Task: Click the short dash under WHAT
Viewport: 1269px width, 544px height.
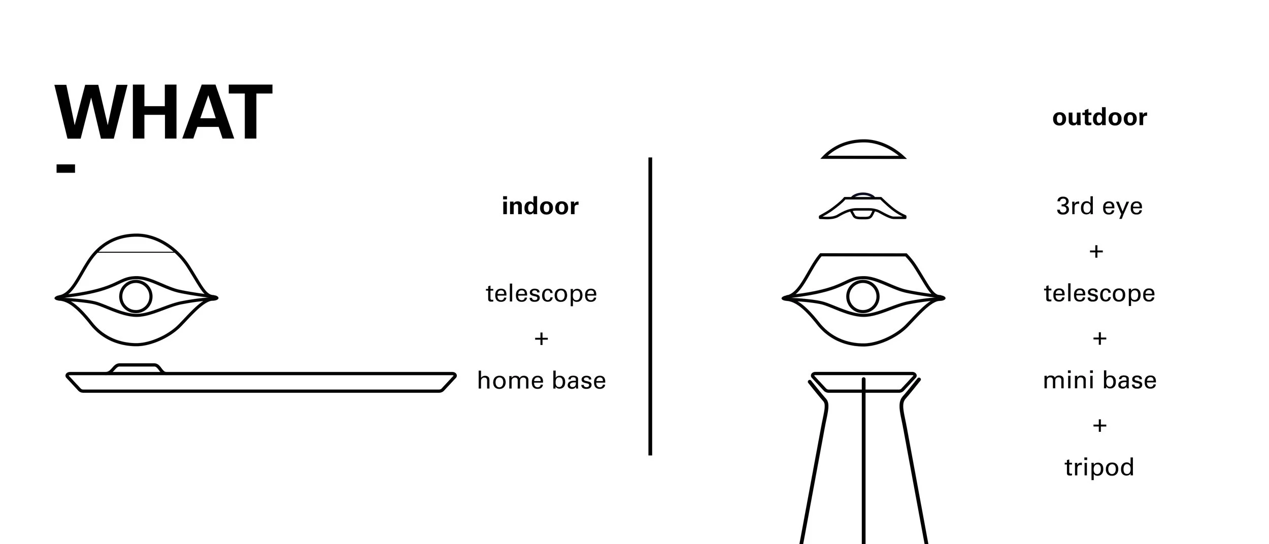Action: (65, 168)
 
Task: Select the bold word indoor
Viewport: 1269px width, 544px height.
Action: (540, 206)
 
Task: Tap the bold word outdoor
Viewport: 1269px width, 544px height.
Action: (1099, 117)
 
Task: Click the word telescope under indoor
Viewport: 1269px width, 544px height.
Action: (541, 293)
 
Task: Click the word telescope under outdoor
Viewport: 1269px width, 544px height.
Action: (1099, 293)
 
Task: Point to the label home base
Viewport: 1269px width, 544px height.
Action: (541, 381)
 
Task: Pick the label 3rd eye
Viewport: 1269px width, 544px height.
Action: (1099, 206)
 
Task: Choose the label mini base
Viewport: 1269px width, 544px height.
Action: (1099, 381)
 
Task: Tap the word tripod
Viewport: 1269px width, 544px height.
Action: (1099, 467)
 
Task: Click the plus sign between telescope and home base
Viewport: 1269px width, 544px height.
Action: (541, 338)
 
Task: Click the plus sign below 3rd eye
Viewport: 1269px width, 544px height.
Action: (1096, 251)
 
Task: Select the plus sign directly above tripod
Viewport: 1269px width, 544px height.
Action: (1099, 425)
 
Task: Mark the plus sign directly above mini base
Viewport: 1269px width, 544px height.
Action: (1099, 338)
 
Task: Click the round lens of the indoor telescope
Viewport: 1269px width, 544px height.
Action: (136, 296)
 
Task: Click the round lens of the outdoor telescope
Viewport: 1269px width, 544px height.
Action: (863, 296)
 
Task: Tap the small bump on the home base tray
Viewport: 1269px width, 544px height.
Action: (136, 368)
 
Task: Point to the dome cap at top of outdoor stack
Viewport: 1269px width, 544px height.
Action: (863, 150)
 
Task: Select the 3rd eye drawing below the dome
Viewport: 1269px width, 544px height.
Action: (863, 208)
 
